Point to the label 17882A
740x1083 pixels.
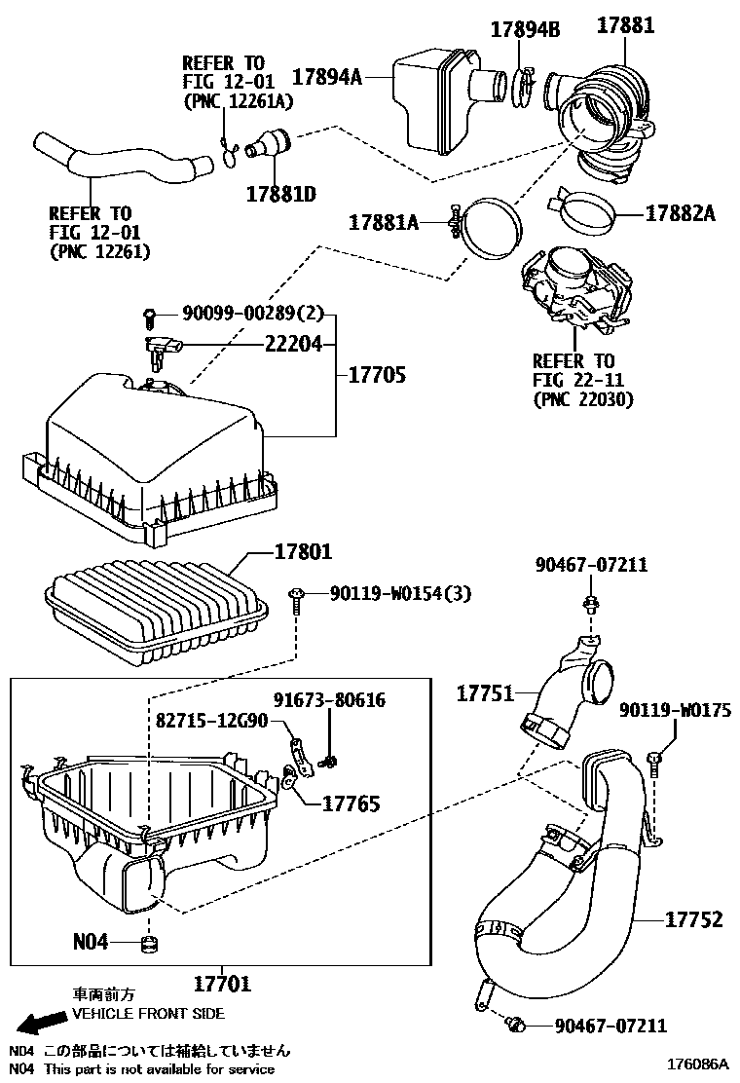(x=680, y=212)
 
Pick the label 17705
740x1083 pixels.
(x=372, y=375)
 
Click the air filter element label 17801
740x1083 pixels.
(x=304, y=552)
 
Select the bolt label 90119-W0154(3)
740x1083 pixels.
(x=399, y=593)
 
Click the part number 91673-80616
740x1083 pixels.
(x=328, y=700)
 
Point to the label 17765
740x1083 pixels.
(x=351, y=803)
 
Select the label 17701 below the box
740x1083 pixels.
(x=222, y=984)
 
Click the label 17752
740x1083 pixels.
(x=694, y=918)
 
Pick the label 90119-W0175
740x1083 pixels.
(x=675, y=711)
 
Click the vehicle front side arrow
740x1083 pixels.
(x=38, y=1022)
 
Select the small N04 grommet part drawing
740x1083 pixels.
(x=149, y=942)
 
